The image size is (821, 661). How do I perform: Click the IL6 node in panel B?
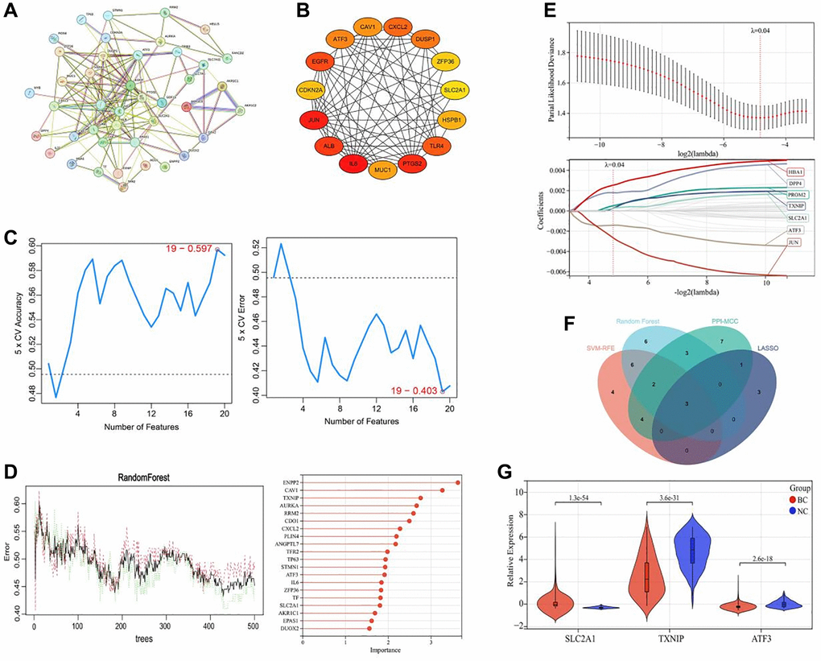[x=352, y=165]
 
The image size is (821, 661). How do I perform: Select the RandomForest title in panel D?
[x=125, y=474]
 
